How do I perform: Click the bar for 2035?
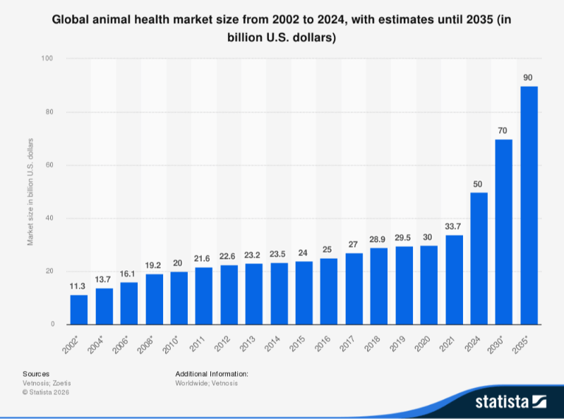click(x=529, y=205)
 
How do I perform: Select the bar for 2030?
click(x=504, y=232)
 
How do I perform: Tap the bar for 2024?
click(x=479, y=258)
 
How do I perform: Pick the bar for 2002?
click(x=79, y=310)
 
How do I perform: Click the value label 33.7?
click(x=454, y=226)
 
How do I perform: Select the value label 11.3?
click(x=79, y=286)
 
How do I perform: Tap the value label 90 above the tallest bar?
click(x=529, y=77)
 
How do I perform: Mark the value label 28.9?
click(x=379, y=239)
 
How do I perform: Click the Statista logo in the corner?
click(x=510, y=402)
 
